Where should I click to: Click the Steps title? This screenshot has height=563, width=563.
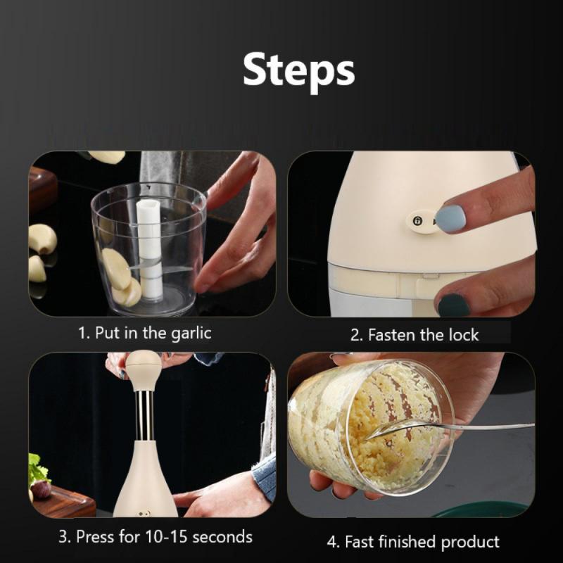tap(298, 71)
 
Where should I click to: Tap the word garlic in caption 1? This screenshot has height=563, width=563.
tap(191, 334)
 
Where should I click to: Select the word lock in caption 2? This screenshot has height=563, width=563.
tap(464, 335)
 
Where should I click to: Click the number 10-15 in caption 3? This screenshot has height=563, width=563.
tap(166, 537)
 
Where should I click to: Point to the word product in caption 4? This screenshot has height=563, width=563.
tap(469, 542)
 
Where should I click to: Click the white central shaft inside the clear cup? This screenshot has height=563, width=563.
tap(148, 248)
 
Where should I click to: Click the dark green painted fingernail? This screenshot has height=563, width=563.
tap(454, 305)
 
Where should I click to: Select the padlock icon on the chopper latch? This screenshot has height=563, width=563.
tap(417, 221)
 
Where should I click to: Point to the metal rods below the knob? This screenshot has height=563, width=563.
tap(144, 415)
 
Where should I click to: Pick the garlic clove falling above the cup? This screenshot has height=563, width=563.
tap(107, 157)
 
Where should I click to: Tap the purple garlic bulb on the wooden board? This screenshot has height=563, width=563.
tap(40, 489)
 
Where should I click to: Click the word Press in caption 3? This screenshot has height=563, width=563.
tap(95, 537)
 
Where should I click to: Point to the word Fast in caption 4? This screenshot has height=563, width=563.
tap(360, 542)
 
